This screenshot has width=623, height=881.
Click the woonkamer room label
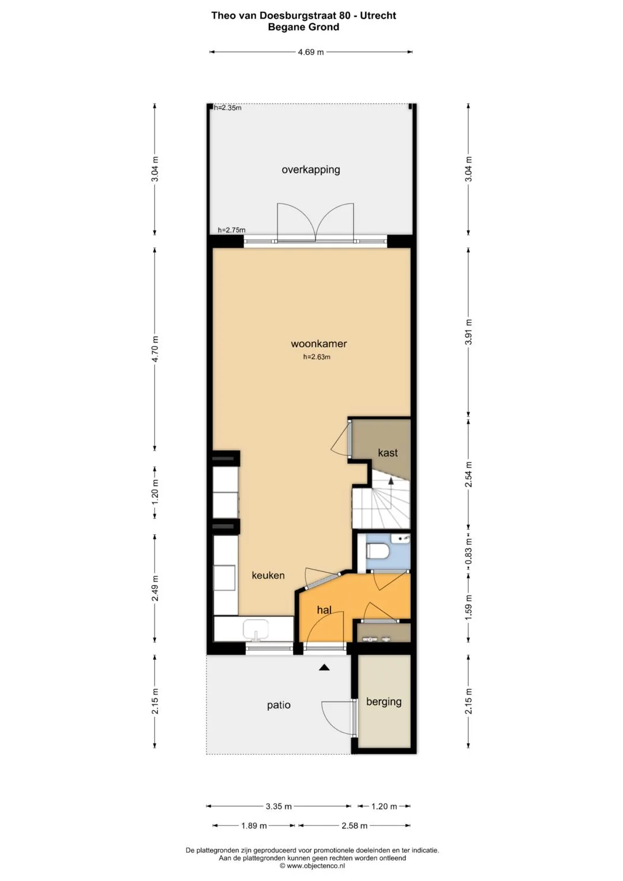318,344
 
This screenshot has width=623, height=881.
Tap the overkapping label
311,170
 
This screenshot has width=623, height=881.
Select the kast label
388,453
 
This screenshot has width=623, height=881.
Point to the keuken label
268,575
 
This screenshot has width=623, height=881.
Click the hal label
324,610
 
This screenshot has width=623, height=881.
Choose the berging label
384,702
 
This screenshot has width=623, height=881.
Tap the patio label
279,705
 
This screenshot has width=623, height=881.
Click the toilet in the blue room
377,550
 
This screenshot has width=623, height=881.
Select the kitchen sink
256,629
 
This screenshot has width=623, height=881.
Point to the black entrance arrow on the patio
324,667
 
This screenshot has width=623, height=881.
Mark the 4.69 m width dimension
311,52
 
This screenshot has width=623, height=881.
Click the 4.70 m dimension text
155,349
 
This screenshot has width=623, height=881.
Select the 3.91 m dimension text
468,332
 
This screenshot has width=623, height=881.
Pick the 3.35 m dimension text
279,806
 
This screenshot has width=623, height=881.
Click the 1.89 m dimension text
254,826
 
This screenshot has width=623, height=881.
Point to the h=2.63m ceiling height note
317,357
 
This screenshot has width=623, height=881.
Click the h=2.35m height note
228,108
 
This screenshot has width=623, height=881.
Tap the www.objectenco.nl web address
316,865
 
